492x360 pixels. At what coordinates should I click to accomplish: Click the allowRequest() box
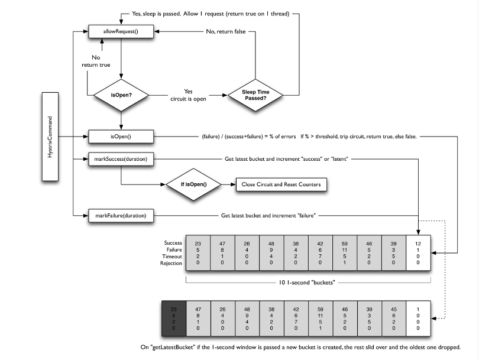pyautogui.click(x=121, y=31)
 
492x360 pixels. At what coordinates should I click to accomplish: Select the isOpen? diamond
pyautogui.click(x=121, y=95)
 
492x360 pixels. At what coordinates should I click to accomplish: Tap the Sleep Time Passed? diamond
pyautogui.click(x=255, y=95)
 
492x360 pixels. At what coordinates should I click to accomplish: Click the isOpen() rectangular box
pyautogui.click(x=121, y=137)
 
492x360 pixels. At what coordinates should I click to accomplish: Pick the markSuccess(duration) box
pyautogui.click(x=121, y=159)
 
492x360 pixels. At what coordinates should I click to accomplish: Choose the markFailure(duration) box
pyautogui.click(x=121, y=215)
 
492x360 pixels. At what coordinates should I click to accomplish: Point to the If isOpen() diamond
pyautogui.click(x=193, y=184)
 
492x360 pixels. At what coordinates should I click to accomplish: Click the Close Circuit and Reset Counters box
pyautogui.click(x=281, y=184)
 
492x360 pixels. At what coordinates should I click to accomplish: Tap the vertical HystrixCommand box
pyautogui.click(x=50, y=137)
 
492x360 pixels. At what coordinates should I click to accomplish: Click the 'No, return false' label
pyautogui.click(x=226, y=31)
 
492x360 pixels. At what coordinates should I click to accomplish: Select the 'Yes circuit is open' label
pyautogui.click(x=188, y=95)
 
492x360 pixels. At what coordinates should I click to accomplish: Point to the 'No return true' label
pyautogui.click(x=96, y=61)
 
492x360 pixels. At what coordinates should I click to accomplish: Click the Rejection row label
pyautogui.click(x=171, y=263)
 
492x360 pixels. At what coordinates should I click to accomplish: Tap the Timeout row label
pyautogui.click(x=172, y=256)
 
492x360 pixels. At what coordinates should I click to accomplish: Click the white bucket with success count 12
pyautogui.click(x=418, y=253)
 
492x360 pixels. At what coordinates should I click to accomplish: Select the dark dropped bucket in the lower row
pyautogui.click(x=174, y=319)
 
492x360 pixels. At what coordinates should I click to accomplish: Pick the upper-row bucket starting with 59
pyautogui.click(x=345, y=253)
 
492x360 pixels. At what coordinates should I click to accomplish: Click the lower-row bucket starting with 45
pyautogui.click(x=394, y=319)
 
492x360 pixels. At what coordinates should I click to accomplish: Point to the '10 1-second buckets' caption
pyautogui.click(x=307, y=282)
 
